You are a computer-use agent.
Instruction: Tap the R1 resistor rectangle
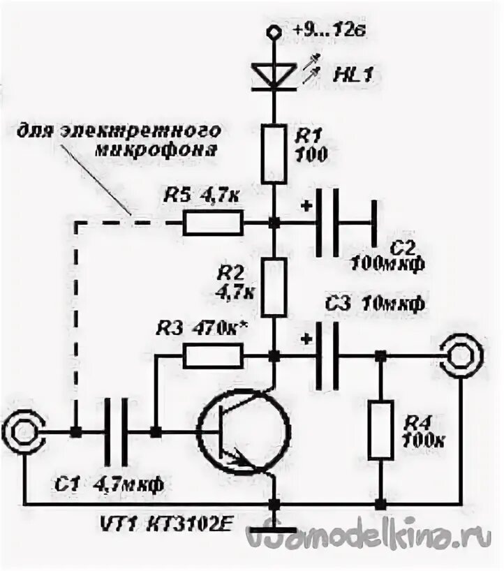(x=274, y=153)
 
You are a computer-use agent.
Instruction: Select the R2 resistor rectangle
(x=274, y=286)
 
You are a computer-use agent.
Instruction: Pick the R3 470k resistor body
(x=213, y=357)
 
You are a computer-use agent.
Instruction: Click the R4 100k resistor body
(x=380, y=429)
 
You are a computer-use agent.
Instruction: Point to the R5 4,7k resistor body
(x=213, y=223)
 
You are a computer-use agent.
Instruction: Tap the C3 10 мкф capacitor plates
(x=328, y=357)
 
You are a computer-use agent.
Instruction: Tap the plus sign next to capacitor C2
(x=306, y=206)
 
